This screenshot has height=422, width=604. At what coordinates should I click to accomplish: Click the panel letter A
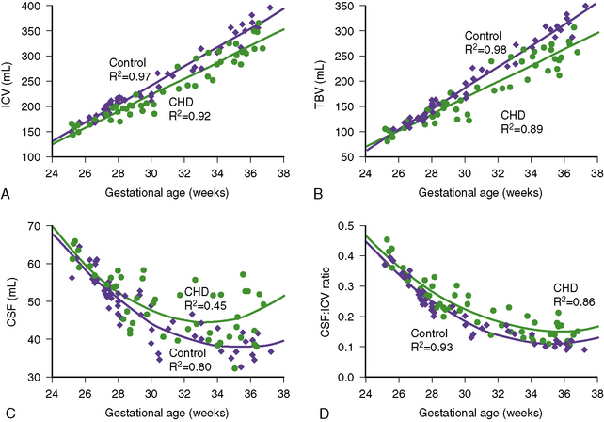(x=7, y=193)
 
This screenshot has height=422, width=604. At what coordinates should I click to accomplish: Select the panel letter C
(x=7, y=412)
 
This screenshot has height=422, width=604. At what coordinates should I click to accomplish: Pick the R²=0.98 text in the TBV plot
(x=492, y=49)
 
